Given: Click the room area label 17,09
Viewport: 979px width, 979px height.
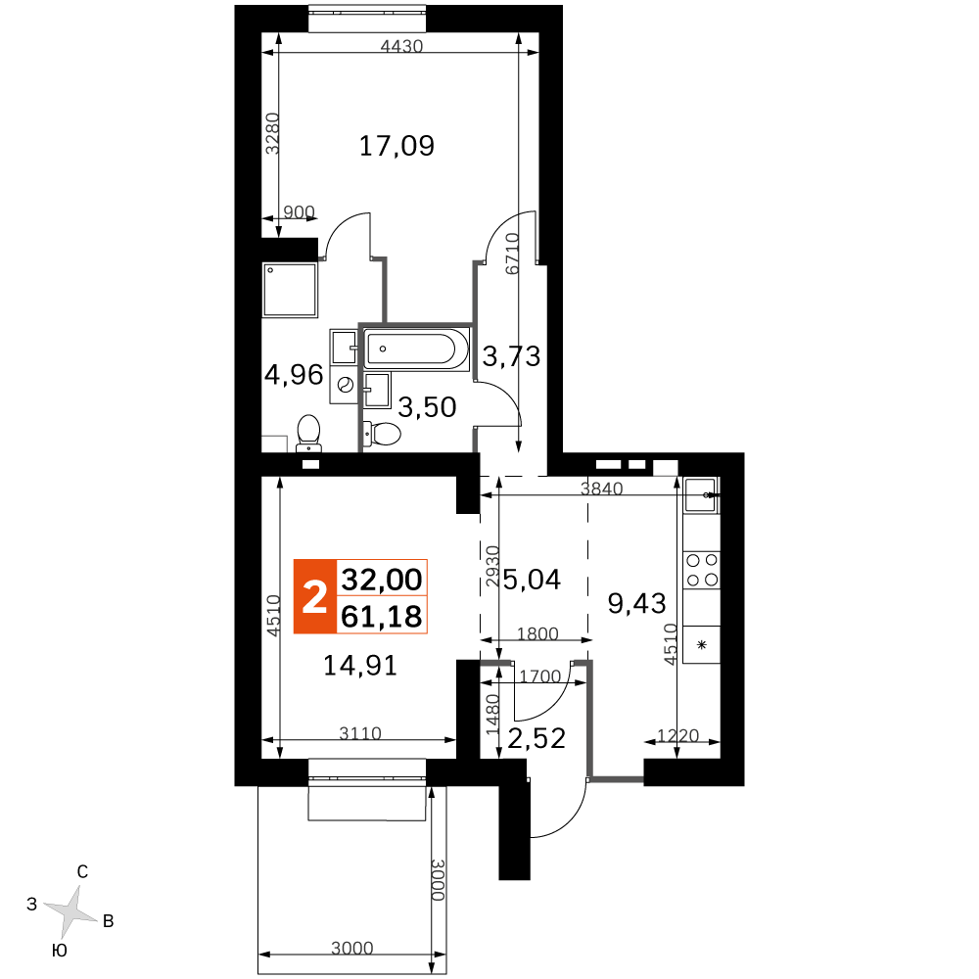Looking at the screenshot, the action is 396,146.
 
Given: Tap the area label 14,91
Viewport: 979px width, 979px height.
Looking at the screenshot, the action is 360,666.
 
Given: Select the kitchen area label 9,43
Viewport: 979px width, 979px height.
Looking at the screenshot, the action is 637,604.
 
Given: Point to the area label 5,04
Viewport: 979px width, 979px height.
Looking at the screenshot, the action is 532,580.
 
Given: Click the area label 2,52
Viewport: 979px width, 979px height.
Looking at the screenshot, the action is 536,738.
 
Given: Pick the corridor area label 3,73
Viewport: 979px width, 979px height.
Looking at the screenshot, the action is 511,356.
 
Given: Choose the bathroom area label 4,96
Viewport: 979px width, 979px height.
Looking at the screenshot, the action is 294,375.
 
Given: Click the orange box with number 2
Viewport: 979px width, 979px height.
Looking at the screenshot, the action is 315,597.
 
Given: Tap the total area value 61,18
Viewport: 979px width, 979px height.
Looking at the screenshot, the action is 382,616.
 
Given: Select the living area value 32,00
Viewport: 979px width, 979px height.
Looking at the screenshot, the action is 382,580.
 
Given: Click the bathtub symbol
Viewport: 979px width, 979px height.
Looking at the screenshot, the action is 416,350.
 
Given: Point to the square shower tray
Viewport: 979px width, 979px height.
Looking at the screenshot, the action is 290,290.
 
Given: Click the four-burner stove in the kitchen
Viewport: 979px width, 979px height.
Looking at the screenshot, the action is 702,570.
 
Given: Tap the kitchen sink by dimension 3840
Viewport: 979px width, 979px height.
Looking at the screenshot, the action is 701,495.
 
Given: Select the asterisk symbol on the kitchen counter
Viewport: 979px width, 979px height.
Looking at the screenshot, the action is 702,645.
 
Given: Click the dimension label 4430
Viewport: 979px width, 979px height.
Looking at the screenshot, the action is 401,46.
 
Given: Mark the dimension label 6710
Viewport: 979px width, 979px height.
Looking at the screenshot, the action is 512,254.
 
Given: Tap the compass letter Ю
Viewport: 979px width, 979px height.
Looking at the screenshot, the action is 59,951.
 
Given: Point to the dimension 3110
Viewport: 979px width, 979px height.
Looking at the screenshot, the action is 360,733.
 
